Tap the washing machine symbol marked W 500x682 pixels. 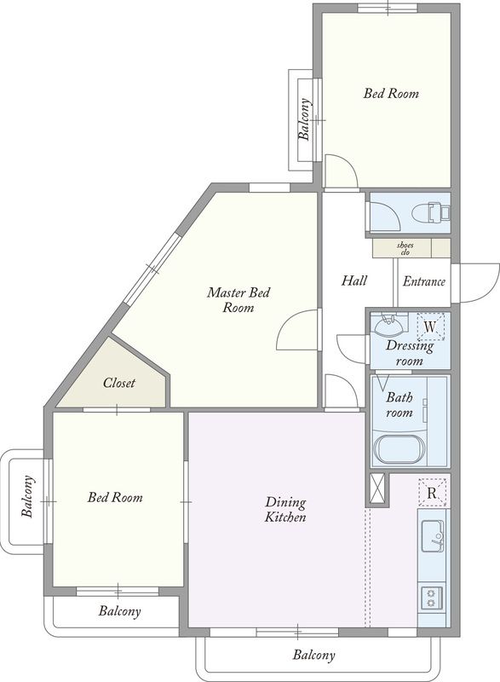[x=430, y=327]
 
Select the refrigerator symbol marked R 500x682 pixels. [x=432, y=493]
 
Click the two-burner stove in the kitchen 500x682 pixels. [x=431, y=598]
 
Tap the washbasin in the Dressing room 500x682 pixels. [x=388, y=325]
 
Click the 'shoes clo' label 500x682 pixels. [x=405, y=249]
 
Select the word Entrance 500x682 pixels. [x=424, y=282]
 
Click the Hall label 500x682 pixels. [x=354, y=280]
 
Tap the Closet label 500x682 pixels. [x=119, y=383]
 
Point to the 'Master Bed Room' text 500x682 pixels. [x=238, y=300]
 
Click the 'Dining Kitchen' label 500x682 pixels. [x=285, y=509]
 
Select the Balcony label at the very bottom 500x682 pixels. [x=313, y=656]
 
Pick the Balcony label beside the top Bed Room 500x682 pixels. [x=305, y=119]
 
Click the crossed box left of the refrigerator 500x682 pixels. [x=376, y=488]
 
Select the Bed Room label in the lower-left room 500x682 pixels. [x=115, y=497]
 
